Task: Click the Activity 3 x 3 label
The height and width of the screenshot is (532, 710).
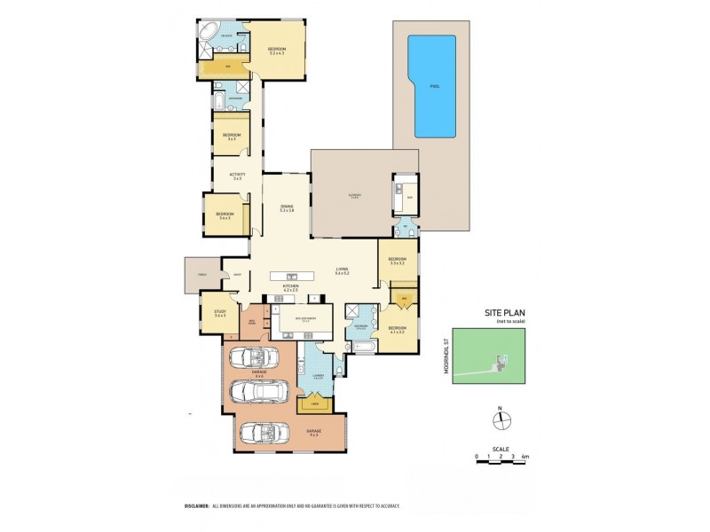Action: (237, 176)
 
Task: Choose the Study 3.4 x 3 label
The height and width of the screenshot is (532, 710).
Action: (219, 314)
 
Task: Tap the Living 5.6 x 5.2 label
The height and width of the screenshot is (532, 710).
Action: (342, 272)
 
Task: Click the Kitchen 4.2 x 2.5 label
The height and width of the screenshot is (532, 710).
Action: (290, 288)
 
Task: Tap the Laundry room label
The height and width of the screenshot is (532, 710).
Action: (317, 378)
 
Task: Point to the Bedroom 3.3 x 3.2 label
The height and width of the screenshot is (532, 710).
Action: (396, 262)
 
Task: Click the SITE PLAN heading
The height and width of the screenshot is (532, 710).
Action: (502, 313)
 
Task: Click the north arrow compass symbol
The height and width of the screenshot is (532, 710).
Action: (500, 421)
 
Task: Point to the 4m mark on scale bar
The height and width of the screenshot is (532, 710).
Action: (525, 458)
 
